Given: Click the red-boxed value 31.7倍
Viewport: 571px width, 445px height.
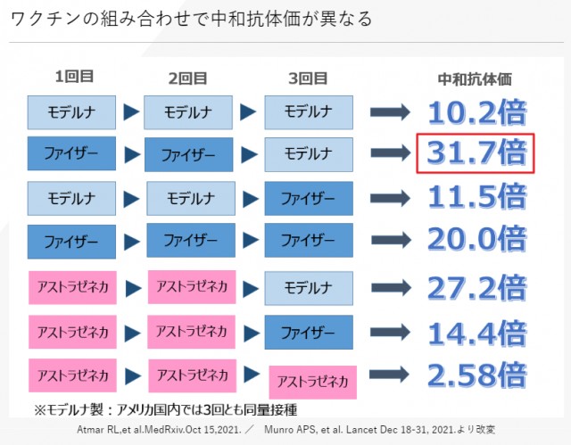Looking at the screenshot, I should pos(476,152).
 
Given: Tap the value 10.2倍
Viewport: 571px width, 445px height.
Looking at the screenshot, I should pos(476,111).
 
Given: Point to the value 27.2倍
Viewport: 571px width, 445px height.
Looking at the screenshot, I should pos(476,287).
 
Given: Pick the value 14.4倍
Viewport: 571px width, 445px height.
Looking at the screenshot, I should pos(476,332).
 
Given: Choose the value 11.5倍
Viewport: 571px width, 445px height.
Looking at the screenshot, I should pos(476,194).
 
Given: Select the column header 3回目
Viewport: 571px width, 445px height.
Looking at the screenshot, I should pos(306,78).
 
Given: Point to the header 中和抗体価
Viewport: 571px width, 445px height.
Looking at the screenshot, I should pos(475,78).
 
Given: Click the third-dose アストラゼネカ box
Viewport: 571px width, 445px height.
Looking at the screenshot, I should pos(312,382).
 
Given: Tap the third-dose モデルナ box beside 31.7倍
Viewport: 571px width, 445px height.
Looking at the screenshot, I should pos(308,153).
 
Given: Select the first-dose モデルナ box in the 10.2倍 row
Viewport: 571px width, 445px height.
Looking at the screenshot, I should pos(71,112).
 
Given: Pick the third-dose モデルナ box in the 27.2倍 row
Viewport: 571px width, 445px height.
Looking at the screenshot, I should pos(308,288).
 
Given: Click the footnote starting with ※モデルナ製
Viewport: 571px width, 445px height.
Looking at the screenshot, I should pos(164,410).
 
